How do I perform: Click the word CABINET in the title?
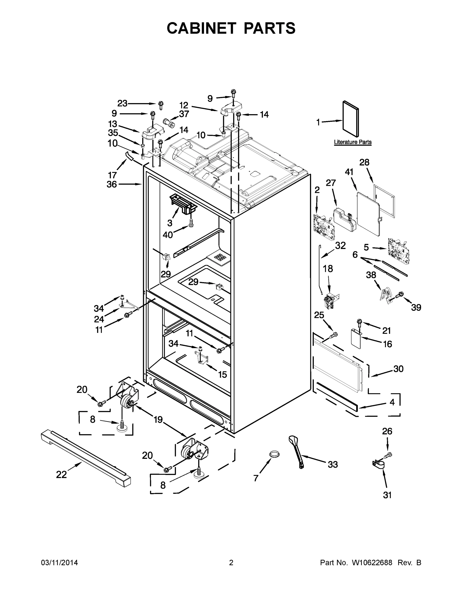tap(201, 28)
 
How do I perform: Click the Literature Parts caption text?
tap(352, 142)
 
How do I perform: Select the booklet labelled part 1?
tap(351, 119)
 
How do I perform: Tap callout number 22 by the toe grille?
tap(61, 475)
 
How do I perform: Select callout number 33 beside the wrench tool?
tap(332, 465)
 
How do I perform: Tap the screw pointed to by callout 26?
tap(388, 455)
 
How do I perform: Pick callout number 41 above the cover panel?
tap(349, 172)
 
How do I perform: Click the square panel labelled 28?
tap(384, 201)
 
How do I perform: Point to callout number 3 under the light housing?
tap(170, 223)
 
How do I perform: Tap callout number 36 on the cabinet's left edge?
tap(112, 185)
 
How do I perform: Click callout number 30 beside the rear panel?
tap(398, 369)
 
